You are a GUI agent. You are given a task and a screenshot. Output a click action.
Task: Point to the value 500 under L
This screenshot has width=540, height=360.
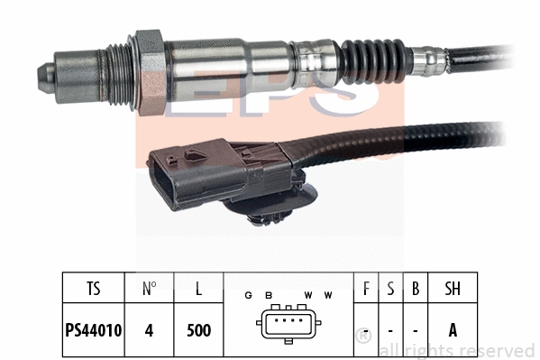click(x=197, y=330)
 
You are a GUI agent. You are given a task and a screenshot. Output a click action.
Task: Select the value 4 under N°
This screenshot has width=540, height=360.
click(x=150, y=330)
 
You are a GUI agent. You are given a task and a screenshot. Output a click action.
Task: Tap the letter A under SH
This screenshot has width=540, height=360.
click(x=453, y=330)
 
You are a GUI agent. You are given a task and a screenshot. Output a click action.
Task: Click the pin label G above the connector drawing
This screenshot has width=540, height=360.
click(x=248, y=295)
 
